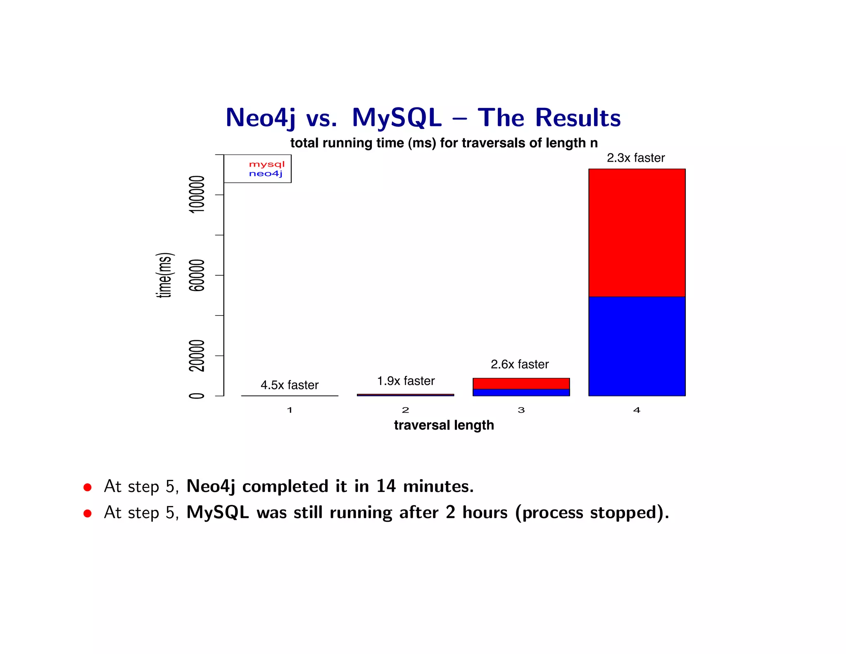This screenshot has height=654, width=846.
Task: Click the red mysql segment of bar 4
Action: [637, 232]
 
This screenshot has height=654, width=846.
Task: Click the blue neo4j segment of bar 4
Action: [637, 346]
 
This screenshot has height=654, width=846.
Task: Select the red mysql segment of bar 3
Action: [521, 383]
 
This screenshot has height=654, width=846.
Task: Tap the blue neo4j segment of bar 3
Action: [521, 392]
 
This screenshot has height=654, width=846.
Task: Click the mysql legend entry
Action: [266, 164]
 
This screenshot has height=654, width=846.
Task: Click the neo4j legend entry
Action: [266, 174]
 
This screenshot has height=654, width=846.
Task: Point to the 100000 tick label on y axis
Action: [197, 194]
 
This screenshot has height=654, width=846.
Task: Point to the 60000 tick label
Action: [197, 275]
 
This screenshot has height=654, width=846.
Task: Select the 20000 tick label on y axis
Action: [197, 356]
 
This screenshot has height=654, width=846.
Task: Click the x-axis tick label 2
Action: [405, 410]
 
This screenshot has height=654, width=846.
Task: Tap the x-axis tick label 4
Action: [637, 410]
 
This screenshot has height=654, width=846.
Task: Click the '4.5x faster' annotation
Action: [290, 385]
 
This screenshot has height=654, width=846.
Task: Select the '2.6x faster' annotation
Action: [520, 364]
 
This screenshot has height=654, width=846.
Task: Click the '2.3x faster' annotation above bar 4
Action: [636, 158]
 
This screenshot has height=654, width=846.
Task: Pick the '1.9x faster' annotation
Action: [406, 381]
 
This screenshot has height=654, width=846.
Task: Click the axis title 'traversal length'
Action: [444, 425]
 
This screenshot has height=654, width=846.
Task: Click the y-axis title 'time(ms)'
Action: [165, 275]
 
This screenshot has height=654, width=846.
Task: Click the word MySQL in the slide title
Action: [397, 118]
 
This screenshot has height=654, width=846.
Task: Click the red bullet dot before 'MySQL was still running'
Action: [87, 513]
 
